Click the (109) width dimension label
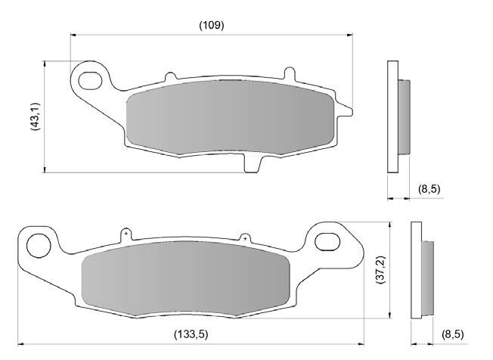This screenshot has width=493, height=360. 211,25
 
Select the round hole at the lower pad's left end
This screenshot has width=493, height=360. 36,244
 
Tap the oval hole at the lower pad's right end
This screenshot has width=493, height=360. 328,242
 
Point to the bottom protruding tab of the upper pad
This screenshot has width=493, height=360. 255,160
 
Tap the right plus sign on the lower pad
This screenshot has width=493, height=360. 244,238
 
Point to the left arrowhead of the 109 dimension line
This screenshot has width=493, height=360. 73,34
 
